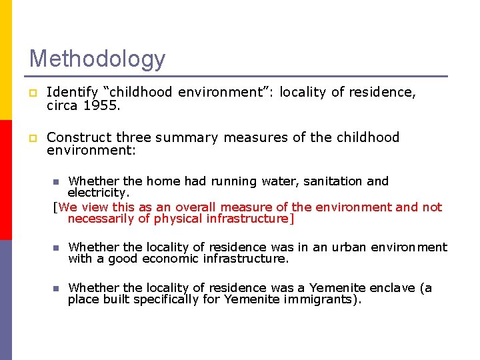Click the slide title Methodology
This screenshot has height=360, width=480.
coord(97,59)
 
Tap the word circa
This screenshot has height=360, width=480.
coord(62,105)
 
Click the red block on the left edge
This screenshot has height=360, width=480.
coord(5,180)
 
